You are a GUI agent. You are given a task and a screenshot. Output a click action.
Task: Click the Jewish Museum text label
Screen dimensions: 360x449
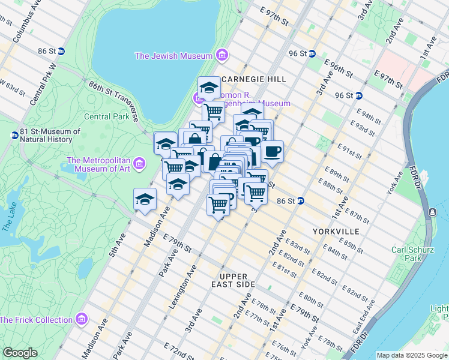coord(173,56)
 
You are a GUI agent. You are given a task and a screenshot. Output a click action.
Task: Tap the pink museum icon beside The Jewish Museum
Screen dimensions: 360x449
coord(222,56)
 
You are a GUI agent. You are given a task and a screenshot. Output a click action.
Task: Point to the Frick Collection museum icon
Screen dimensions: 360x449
coord(82,319)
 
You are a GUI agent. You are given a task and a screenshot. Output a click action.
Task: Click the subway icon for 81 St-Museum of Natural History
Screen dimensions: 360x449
coord(14,135)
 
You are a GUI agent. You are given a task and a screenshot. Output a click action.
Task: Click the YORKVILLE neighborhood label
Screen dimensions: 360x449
coord(336,231)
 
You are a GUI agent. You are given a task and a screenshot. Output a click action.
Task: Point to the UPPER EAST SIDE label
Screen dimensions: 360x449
coord(234,279)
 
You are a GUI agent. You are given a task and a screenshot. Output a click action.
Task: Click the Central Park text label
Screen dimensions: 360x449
coord(107,117)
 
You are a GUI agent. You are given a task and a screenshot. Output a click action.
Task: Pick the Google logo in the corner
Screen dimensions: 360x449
coord(20,353)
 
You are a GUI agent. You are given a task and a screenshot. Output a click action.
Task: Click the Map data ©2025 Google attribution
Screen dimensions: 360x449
coord(411,355)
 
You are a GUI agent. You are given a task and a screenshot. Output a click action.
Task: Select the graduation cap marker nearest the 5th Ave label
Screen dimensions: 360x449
coord(145,200)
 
